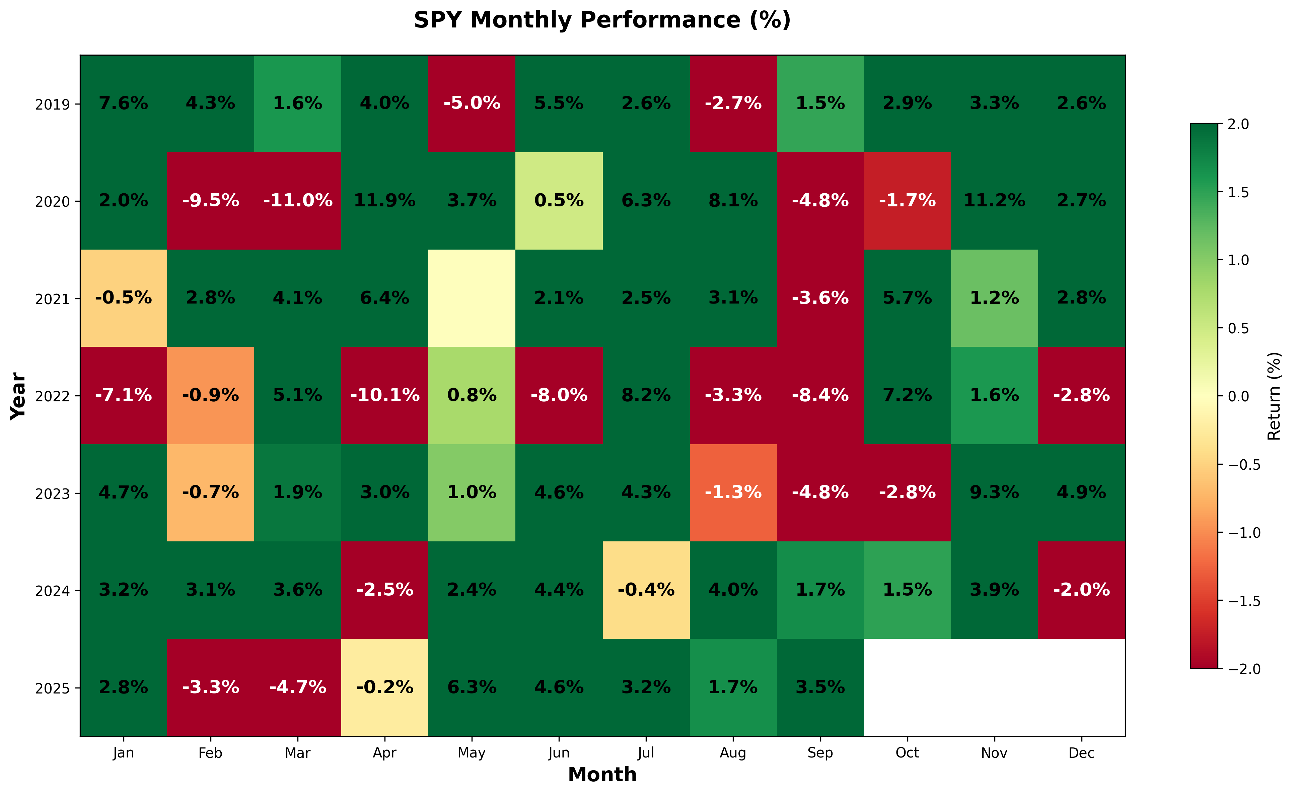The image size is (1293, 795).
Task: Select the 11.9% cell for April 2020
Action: tap(385, 200)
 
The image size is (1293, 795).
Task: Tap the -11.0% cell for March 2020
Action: tap(297, 200)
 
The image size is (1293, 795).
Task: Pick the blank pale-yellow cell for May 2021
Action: tap(472, 298)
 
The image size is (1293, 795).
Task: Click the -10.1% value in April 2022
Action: tap(385, 395)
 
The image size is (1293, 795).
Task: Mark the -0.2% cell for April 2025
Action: tap(385, 687)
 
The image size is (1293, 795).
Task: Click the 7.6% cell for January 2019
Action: tap(124, 103)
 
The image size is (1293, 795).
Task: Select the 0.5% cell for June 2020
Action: tap(559, 200)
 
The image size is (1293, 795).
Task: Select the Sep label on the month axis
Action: tap(820, 753)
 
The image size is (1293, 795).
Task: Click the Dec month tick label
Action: tap(1081, 753)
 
